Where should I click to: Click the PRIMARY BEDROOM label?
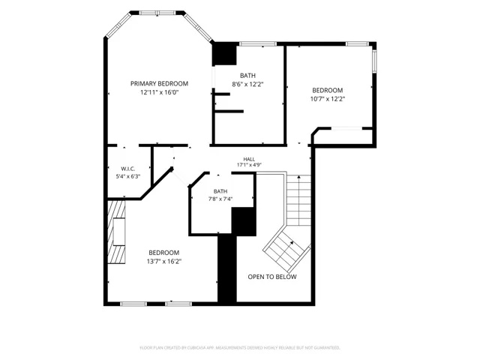[x=159, y=83]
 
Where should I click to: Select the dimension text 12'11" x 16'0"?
[x=159, y=92]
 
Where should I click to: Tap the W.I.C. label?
[x=128, y=169]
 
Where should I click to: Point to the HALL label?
[x=249, y=159]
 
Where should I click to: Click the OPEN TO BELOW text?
[x=272, y=277]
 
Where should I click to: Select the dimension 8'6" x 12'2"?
[x=247, y=84]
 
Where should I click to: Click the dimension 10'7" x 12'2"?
[x=328, y=99]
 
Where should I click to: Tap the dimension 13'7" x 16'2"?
[x=164, y=262]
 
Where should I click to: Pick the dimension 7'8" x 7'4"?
[x=220, y=199]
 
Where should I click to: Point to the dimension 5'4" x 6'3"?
[x=128, y=176]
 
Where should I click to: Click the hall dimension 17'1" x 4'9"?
[x=249, y=165]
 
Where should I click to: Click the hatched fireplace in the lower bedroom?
[x=116, y=232]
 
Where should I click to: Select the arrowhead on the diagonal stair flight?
[x=292, y=243]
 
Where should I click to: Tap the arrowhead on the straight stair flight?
[x=299, y=177]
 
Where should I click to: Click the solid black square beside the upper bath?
[x=225, y=53]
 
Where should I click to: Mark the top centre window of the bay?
[x=157, y=13]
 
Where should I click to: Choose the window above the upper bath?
[x=258, y=43]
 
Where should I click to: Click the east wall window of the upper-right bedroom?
[x=374, y=61]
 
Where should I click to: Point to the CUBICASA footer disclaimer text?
[x=240, y=348]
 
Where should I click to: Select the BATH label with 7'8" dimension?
[x=220, y=191]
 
